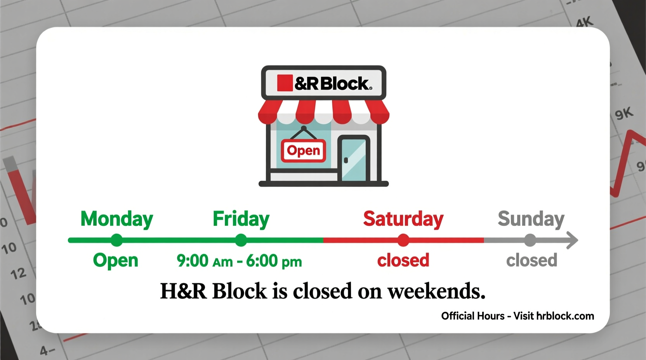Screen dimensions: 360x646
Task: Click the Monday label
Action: [116, 219]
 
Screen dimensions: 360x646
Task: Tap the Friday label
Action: [241, 219]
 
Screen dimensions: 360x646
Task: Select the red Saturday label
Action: [403, 219]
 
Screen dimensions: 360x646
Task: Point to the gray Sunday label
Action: [531, 219]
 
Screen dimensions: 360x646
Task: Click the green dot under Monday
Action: [116, 240]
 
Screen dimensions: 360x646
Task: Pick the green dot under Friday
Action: [241, 240]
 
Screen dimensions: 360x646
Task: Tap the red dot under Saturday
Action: [403, 240]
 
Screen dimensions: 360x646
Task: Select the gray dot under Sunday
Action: [530, 240]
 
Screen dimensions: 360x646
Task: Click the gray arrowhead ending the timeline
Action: [573, 240]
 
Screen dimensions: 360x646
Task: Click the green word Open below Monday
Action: [115, 260]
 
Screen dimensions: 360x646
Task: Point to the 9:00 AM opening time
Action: [205, 261]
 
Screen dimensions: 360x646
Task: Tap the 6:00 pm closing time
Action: [274, 261]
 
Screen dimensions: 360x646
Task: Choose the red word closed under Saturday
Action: [403, 260]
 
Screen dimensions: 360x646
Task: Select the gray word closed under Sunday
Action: [531, 260]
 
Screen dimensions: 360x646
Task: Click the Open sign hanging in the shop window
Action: [304, 151]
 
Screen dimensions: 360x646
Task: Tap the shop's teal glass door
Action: [353, 159]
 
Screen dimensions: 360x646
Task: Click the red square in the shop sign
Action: [285, 83]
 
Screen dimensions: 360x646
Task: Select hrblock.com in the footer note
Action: [565, 316]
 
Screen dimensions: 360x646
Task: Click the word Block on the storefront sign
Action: [346, 83]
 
